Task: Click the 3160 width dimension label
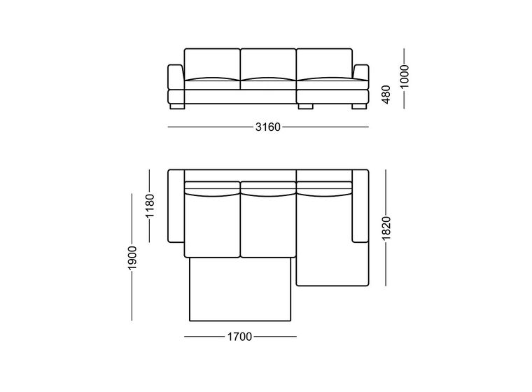(x=268, y=127)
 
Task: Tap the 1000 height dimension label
(x=405, y=76)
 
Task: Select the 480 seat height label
(x=386, y=94)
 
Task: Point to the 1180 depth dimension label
(x=150, y=206)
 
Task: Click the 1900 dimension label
(x=132, y=258)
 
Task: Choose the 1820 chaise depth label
(x=386, y=227)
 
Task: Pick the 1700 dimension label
(x=239, y=337)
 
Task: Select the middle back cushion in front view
(x=268, y=64)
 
